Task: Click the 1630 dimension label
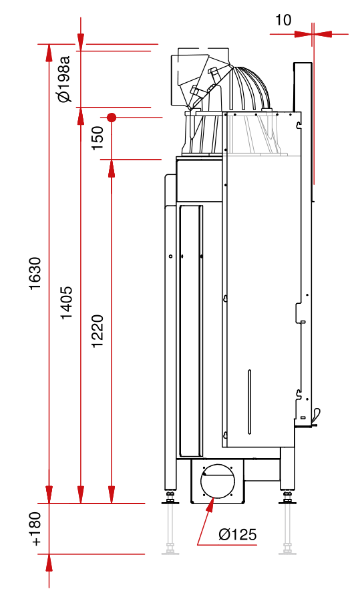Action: coord(35,274)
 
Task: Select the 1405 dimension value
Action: coord(66,303)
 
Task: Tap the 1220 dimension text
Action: coord(98,331)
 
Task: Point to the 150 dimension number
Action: coord(98,138)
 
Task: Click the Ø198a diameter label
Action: coord(64,79)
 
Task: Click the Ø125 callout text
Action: coord(237,534)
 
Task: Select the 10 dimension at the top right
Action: coord(283,20)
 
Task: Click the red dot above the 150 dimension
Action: coord(112,118)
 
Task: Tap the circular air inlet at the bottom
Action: coord(217,481)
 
